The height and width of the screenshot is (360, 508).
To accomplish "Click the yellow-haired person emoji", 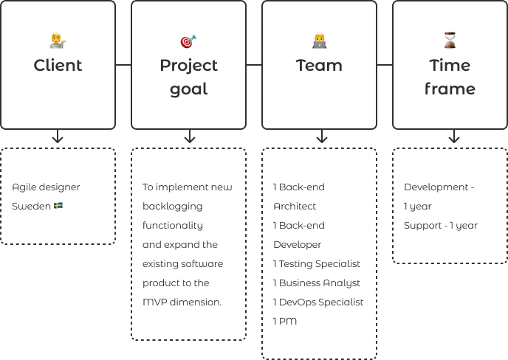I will click(x=58, y=41).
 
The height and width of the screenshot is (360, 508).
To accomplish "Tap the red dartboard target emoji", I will click(x=188, y=41).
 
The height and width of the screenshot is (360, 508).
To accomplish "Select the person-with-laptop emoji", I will click(x=319, y=41).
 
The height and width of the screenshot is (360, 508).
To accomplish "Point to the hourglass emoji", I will click(x=450, y=41).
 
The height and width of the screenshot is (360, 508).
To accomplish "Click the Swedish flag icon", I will click(x=58, y=206).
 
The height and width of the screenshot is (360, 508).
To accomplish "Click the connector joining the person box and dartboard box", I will click(x=124, y=65).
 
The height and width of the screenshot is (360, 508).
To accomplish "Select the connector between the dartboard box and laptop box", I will click(x=254, y=65).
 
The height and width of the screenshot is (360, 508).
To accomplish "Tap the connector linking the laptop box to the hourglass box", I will click(x=384, y=65).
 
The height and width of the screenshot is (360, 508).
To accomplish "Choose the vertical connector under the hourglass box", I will click(x=450, y=139).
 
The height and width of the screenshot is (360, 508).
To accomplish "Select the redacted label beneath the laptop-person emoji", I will click(x=319, y=66).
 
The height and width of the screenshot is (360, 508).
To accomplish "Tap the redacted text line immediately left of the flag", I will click(x=31, y=207).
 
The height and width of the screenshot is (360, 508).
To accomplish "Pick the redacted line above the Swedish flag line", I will click(x=47, y=189).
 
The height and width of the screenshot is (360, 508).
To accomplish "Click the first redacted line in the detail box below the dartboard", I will click(x=188, y=189).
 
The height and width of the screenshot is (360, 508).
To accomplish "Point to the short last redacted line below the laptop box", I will click(x=286, y=319).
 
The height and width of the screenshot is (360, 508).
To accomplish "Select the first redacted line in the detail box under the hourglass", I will click(x=439, y=189).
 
